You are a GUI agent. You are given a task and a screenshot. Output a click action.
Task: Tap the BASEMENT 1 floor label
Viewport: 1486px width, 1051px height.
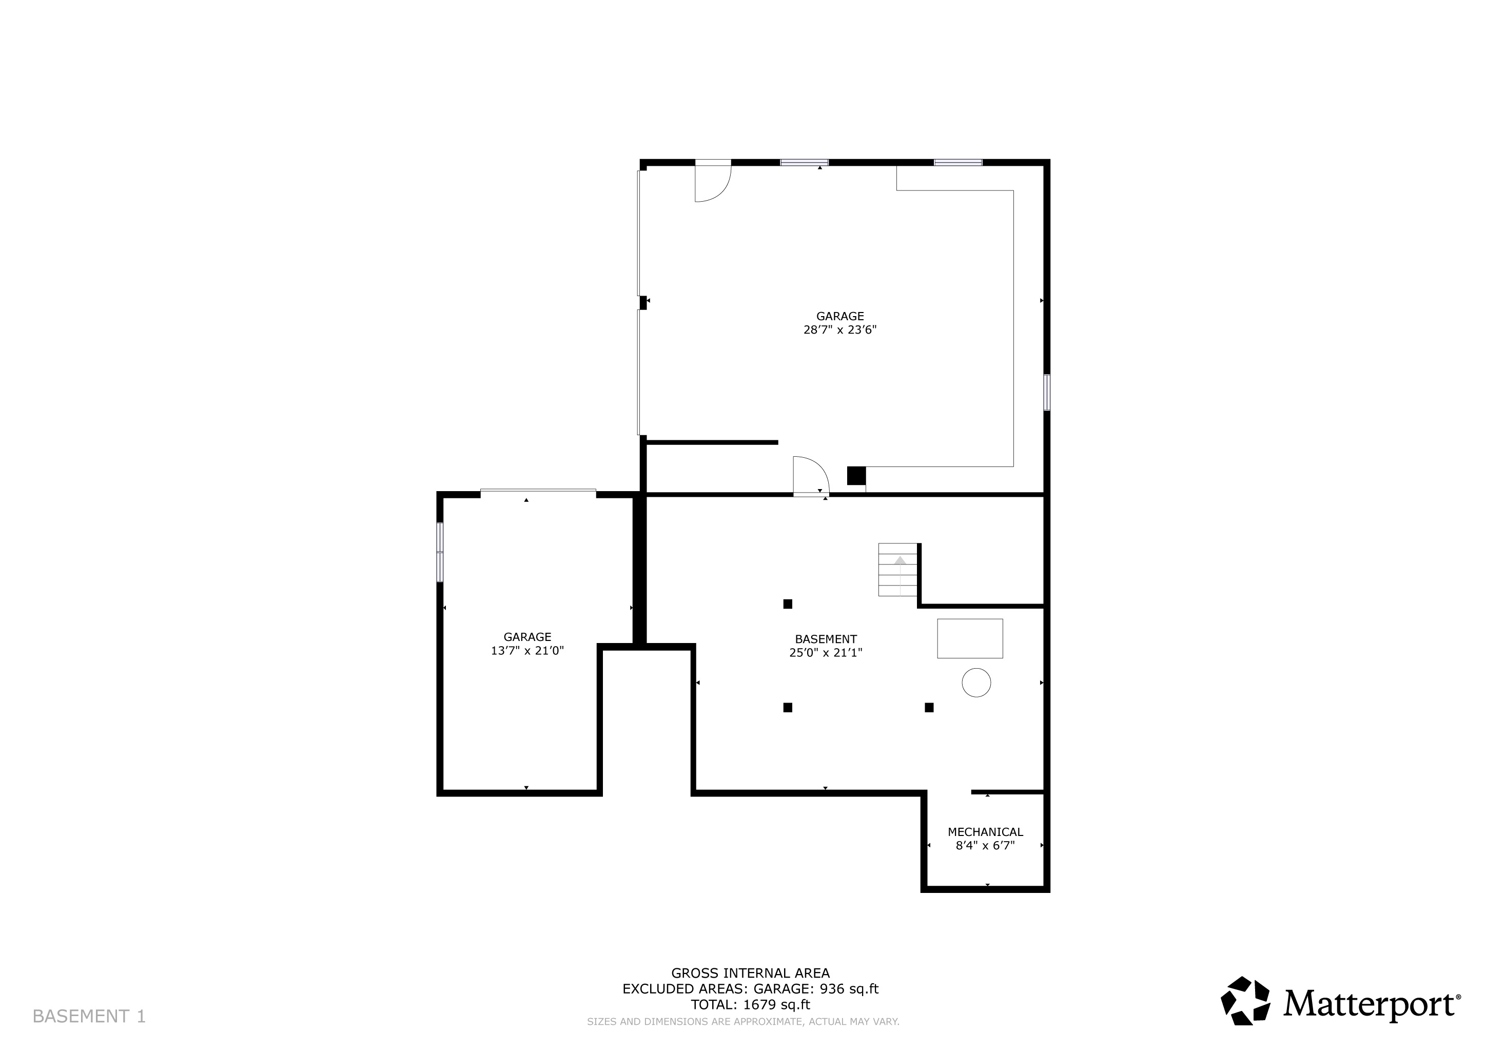[x=89, y=1016]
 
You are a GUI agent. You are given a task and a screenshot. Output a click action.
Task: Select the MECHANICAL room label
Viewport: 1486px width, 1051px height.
[x=985, y=831]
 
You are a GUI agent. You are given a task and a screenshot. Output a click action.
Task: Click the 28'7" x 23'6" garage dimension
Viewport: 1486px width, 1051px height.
[x=840, y=329]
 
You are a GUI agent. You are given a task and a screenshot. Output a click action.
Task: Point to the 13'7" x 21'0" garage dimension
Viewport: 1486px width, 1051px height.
[x=527, y=650]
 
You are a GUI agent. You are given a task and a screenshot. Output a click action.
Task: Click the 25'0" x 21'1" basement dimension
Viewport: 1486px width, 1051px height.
[x=826, y=652]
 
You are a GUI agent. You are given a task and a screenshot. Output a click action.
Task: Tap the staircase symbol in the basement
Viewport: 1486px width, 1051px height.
[x=897, y=570]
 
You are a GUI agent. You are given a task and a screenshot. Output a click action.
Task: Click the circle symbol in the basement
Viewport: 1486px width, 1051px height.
[x=976, y=682]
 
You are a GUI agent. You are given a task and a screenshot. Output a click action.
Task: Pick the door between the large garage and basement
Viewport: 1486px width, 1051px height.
[x=811, y=476]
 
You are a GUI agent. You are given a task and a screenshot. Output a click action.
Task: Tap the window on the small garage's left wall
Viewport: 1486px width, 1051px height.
[x=440, y=552]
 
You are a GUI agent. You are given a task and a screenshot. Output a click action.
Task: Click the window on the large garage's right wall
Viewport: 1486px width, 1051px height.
[x=1047, y=392]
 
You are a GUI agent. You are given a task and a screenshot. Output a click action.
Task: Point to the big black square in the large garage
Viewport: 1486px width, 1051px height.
[x=856, y=476]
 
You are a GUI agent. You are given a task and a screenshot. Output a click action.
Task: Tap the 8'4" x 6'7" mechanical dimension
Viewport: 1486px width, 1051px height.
[x=985, y=845]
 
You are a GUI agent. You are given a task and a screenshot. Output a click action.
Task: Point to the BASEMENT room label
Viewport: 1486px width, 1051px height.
[x=826, y=639]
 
